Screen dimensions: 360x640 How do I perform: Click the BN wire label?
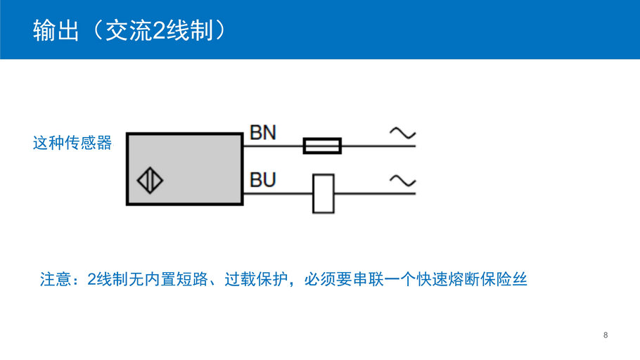[263, 133]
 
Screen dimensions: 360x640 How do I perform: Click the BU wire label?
[263, 180]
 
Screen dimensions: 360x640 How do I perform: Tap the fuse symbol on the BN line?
[322, 146]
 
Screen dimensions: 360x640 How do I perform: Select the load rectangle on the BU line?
[323, 193]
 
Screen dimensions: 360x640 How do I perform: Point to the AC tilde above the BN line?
[402, 133]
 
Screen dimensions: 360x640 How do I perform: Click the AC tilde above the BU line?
[402, 181]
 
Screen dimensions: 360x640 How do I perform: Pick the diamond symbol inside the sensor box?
[150, 181]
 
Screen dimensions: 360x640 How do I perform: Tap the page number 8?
[606, 335]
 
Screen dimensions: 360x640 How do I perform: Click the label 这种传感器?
[72, 143]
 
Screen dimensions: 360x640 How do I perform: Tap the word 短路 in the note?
[193, 280]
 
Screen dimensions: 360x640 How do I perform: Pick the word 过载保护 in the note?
[257, 280]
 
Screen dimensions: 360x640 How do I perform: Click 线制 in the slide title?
[189, 30]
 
